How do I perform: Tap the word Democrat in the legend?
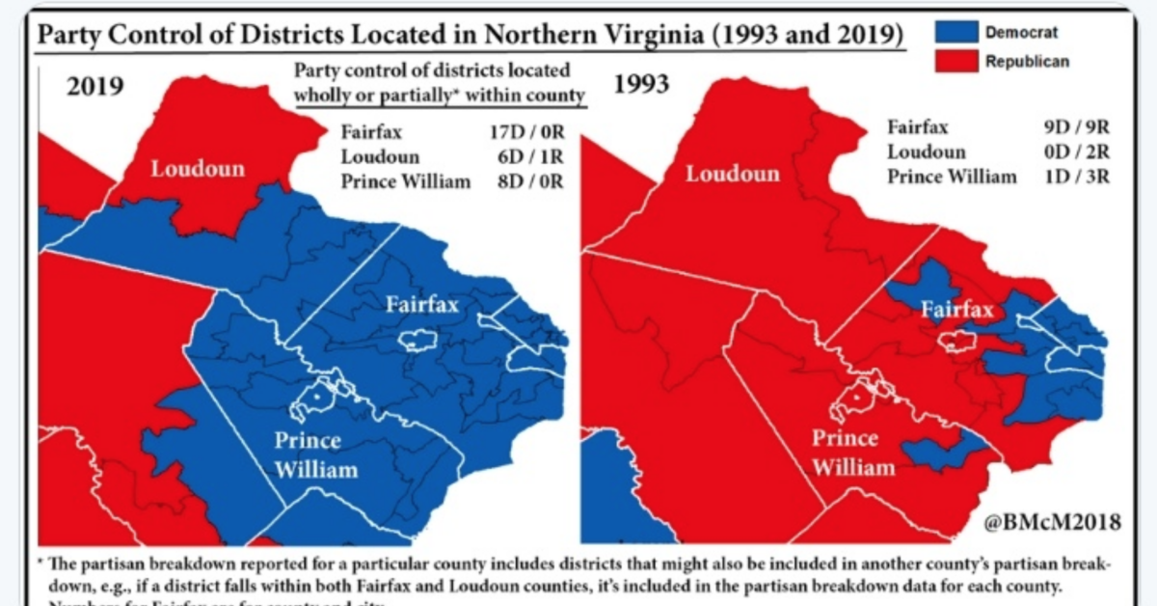[1021, 33]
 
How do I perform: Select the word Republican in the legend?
[1027, 63]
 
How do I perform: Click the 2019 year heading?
[94, 86]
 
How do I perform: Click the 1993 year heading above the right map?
[641, 85]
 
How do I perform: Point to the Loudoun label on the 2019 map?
[198, 170]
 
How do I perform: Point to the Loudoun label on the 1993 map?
[732, 175]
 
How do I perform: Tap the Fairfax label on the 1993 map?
[955, 310]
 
